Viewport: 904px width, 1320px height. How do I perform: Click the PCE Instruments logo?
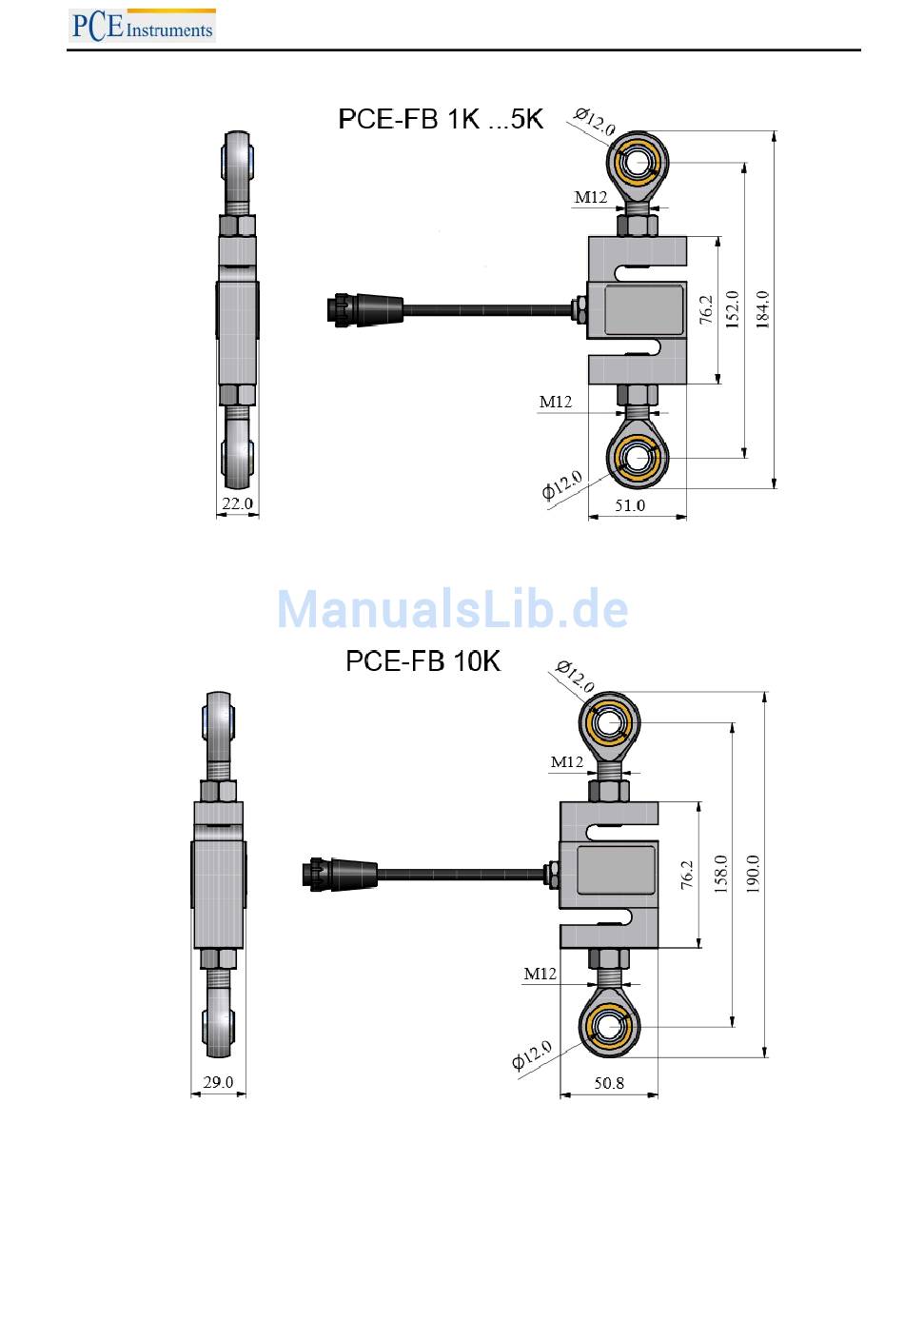(142, 26)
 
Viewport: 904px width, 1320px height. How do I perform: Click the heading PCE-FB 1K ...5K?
(441, 119)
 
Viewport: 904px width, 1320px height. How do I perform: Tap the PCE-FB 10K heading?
(423, 661)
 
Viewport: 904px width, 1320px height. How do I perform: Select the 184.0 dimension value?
(762, 309)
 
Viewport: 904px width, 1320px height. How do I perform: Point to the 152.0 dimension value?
(732, 309)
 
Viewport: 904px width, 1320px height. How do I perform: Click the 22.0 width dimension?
(237, 503)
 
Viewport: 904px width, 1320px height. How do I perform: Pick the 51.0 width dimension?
(630, 505)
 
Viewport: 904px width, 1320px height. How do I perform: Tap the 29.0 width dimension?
(218, 1082)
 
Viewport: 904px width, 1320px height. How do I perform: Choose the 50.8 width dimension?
(609, 1082)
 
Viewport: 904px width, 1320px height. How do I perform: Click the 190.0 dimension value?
(753, 874)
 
